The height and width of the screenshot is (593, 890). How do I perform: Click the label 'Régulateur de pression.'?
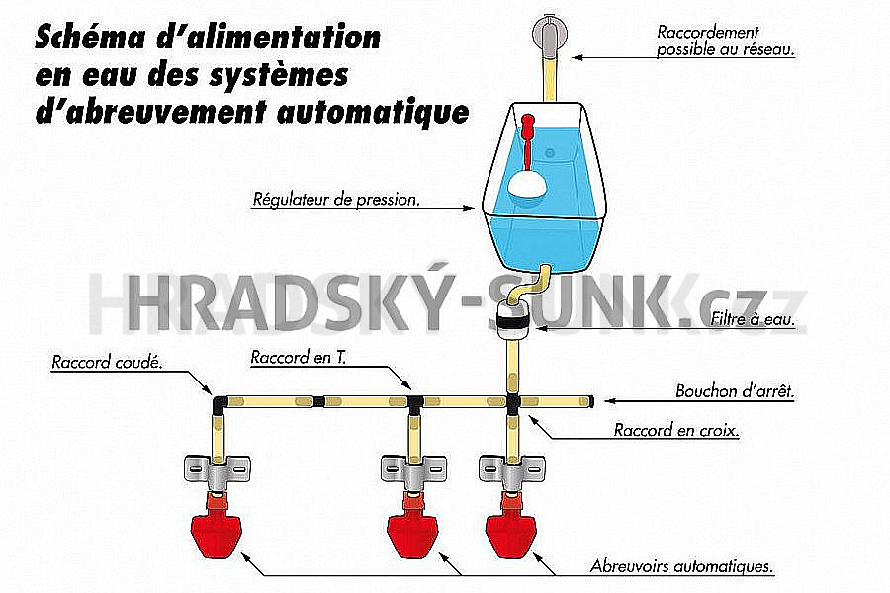click(336, 200)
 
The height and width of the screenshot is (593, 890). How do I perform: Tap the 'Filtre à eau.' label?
click(753, 319)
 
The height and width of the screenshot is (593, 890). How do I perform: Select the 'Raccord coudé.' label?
click(107, 362)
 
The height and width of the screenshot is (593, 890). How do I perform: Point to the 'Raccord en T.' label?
click(299, 357)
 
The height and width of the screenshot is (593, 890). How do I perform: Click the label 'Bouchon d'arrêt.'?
click(735, 391)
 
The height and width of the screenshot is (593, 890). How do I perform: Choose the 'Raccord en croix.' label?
click(676, 430)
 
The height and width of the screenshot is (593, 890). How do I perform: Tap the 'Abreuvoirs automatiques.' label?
click(681, 565)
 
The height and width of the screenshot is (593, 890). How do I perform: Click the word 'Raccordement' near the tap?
click(707, 33)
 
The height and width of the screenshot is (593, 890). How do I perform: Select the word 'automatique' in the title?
click(373, 112)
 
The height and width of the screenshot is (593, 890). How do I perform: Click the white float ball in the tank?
click(528, 185)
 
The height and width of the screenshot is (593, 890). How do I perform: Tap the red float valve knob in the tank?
click(528, 122)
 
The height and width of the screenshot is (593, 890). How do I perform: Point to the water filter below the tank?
click(513, 320)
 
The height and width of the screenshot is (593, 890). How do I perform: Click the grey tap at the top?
click(549, 36)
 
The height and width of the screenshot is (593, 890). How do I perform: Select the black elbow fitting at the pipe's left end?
click(220, 405)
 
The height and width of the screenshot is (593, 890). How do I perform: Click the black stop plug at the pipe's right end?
click(591, 402)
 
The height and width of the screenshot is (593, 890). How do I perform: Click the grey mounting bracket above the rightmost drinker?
click(512, 469)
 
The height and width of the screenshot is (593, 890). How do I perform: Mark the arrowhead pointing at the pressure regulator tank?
click(469, 208)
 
